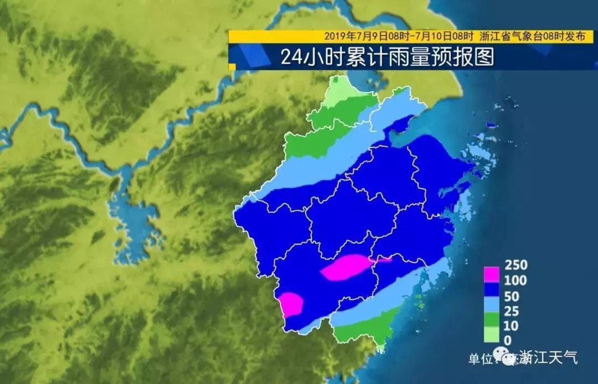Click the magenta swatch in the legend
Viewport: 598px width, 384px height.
492,274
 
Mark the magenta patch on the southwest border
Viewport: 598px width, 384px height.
291,304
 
